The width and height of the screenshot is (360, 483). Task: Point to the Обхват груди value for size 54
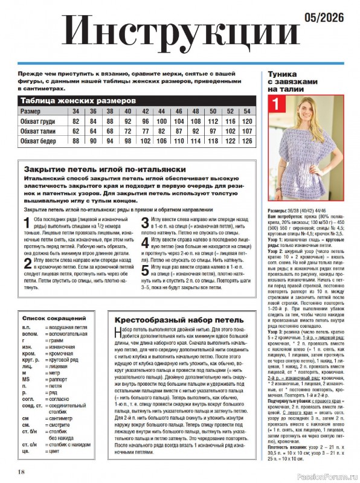pos(246,121)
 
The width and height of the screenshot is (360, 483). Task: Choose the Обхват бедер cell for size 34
pos(76,141)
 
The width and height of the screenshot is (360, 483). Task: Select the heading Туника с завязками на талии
pos(292,82)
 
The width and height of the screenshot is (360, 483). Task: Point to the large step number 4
pos(144,242)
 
